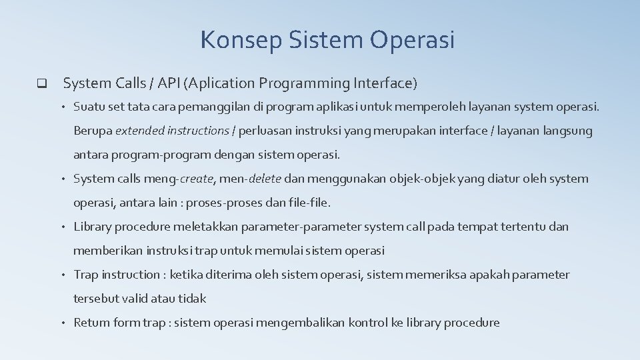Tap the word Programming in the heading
305,83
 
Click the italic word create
198,179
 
